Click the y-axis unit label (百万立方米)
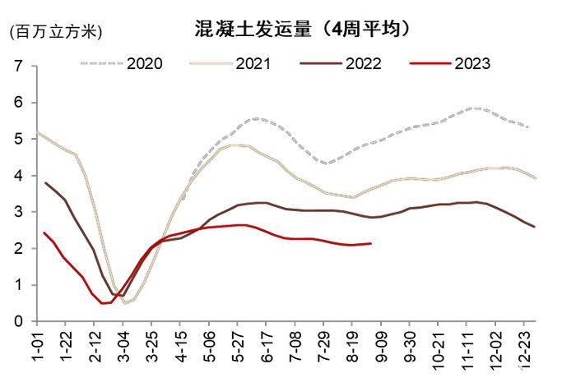pos(55,32)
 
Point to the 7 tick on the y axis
pos(17,67)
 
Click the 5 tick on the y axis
pos(17,140)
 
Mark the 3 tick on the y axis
pos(17,213)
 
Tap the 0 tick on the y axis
pos(17,322)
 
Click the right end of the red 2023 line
pos(370,243)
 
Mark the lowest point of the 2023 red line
pos(104,303)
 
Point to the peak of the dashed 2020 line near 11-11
pos(471,108)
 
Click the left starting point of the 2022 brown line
pos(45,183)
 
